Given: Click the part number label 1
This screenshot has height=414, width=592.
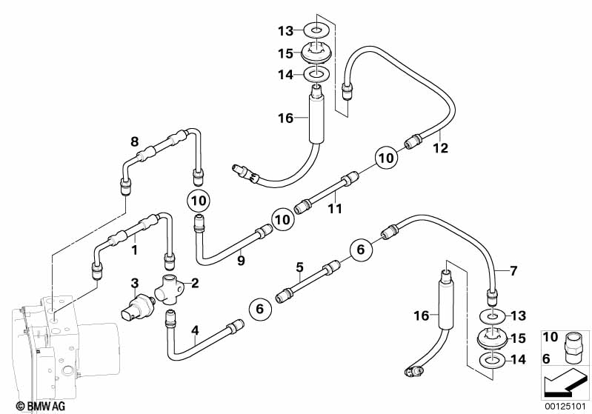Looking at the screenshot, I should point(134,250).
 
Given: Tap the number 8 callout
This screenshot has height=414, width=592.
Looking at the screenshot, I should point(134,141).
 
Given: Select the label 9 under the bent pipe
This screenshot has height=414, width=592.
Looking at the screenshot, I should point(240,260).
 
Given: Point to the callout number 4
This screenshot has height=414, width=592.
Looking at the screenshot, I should point(195,330).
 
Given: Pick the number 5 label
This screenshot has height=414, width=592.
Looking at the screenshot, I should point(299,266).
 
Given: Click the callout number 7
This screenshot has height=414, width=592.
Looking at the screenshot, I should point(514,270).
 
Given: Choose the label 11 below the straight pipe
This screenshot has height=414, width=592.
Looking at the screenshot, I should point(335,209).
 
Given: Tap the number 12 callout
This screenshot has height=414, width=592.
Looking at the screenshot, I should point(440,147).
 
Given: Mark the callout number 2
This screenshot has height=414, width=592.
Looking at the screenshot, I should point(195,282).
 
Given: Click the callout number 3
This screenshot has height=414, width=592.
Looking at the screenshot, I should point(135,282).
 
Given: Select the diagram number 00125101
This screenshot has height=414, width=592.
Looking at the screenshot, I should point(565,406).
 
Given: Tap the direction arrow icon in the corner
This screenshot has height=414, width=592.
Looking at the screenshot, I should point(565,383).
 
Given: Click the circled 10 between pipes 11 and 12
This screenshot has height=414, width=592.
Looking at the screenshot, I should point(386,157).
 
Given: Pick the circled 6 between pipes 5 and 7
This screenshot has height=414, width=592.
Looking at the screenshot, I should point(360,250).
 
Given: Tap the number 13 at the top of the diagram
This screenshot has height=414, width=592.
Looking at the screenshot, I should point(286,30).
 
